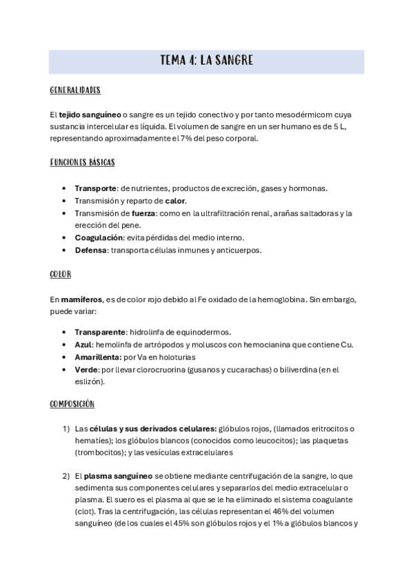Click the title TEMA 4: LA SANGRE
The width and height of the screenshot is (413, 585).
206,61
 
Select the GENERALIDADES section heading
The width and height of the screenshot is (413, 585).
76,90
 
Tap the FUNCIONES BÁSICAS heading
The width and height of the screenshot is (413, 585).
83,163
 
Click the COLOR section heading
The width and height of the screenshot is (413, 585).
61,274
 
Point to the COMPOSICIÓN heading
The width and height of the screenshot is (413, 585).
72,404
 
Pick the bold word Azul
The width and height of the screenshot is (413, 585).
83,344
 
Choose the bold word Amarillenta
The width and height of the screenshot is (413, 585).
97,357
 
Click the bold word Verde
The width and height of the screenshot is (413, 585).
86,369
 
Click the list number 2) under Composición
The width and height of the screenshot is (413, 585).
66,475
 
